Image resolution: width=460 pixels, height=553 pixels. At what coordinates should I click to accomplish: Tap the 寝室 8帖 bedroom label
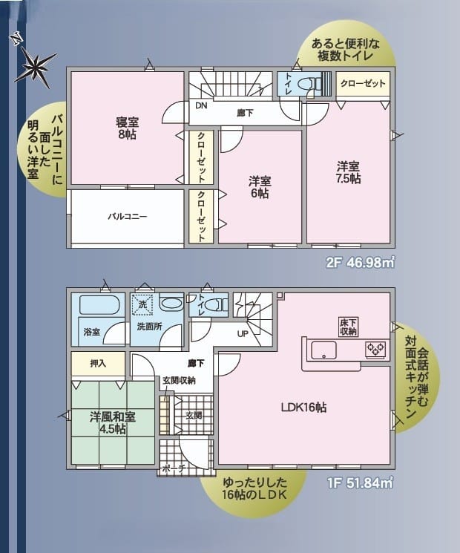coord(128,128)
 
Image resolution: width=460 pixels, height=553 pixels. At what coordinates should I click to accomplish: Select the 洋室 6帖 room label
coord(260,187)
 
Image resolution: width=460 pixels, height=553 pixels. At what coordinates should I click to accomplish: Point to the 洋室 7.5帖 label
coord(348,172)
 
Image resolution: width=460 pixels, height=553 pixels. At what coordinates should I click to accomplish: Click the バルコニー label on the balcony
coord(128,216)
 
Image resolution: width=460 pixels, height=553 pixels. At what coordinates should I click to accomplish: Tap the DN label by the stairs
coord(201,105)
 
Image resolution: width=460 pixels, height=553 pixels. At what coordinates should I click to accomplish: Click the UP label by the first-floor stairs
coord(243,333)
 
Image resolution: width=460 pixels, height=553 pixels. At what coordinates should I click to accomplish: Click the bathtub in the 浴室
coord(97,305)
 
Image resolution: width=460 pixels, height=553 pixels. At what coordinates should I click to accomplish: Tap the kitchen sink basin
coord(323,350)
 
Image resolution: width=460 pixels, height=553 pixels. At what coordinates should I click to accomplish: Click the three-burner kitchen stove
coord(376,350)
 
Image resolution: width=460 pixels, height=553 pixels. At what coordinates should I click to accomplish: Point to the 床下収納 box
coord(349,327)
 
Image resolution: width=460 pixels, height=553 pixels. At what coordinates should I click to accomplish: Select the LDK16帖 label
coord(303,408)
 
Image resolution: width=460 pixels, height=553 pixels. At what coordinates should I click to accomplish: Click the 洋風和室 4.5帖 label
coord(113,423)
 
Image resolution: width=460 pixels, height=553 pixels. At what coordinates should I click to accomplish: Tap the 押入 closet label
coord(98,363)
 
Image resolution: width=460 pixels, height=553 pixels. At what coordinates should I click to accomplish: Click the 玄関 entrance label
coord(194,416)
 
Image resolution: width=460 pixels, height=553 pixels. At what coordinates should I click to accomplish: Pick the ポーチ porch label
coord(174,468)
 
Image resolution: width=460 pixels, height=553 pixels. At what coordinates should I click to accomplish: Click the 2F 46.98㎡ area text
coord(359,263)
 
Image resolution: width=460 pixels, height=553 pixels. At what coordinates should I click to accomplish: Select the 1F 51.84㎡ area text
coord(360,482)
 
